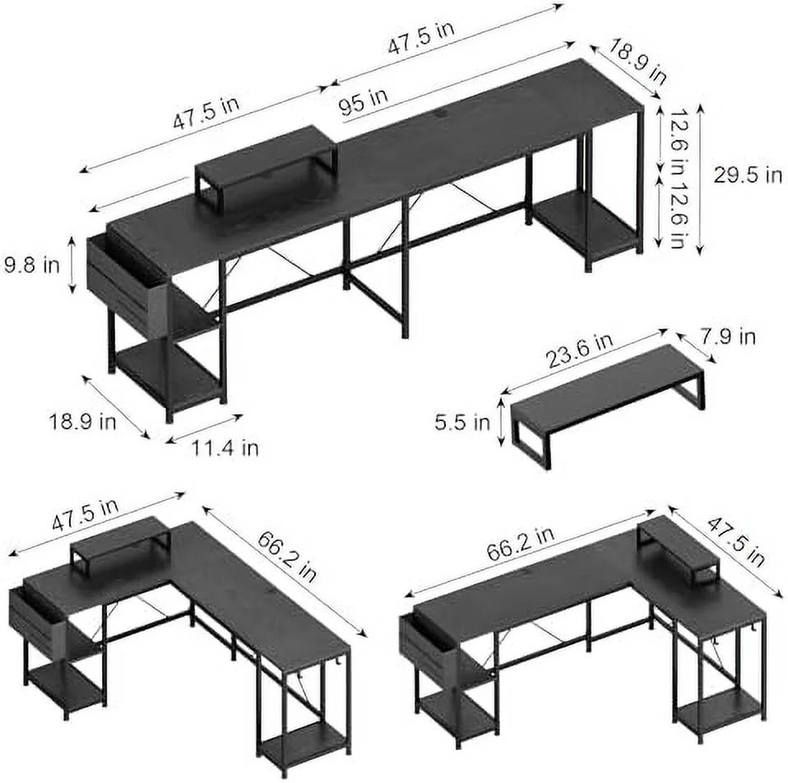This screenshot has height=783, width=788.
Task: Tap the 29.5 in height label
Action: (x=748, y=175)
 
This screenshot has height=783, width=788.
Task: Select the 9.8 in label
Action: (x=31, y=265)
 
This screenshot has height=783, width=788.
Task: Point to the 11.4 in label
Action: (x=225, y=447)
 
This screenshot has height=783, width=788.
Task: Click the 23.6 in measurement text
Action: (x=580, y=350)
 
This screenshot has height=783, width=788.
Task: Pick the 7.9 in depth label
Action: (x=728, y=336)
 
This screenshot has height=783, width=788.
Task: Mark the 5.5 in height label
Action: (x=462, y=422)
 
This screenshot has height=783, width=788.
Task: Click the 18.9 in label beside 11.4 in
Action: (x=82, y=421)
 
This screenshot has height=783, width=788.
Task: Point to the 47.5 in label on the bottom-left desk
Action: (x=86, y=515)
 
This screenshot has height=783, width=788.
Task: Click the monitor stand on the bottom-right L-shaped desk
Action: (x=676, y=550)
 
